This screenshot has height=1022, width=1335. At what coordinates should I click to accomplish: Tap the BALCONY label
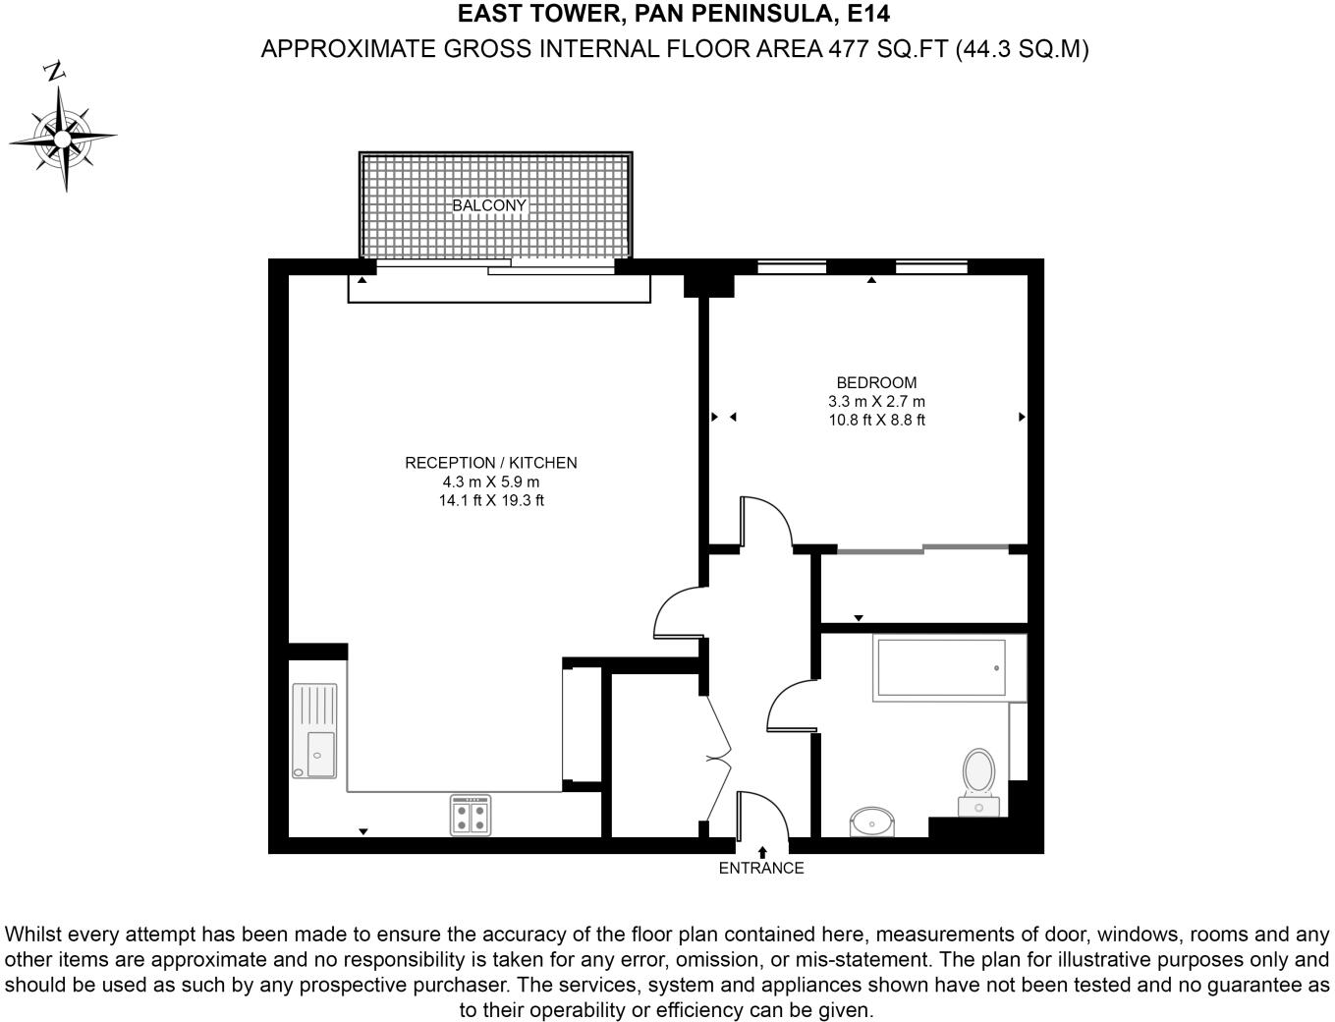[x=489, y=205]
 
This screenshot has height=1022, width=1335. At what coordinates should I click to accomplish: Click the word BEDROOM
[x=876, y=382]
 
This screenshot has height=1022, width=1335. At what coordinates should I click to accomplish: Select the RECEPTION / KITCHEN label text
[x=490, y=463]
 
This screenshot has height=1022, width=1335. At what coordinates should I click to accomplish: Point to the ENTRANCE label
[x=761, y=868]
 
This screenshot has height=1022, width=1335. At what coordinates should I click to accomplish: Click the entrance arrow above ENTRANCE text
[x=762, y=852]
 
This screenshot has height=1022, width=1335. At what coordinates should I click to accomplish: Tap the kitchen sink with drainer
[x=314, y=732]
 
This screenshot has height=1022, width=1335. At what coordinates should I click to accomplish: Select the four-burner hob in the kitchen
[x=471, y=815]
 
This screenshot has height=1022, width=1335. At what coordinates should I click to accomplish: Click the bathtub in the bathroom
[x=940, y=668]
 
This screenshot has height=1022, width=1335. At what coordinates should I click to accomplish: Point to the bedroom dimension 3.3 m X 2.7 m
[x=876, y=401]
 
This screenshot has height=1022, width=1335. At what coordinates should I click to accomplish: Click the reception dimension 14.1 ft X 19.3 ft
[x=490, y=500]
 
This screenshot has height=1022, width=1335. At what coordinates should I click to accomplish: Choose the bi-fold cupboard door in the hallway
[x=720, y=757]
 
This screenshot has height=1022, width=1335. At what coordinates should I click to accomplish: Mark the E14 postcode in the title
[x=868, y=15]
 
